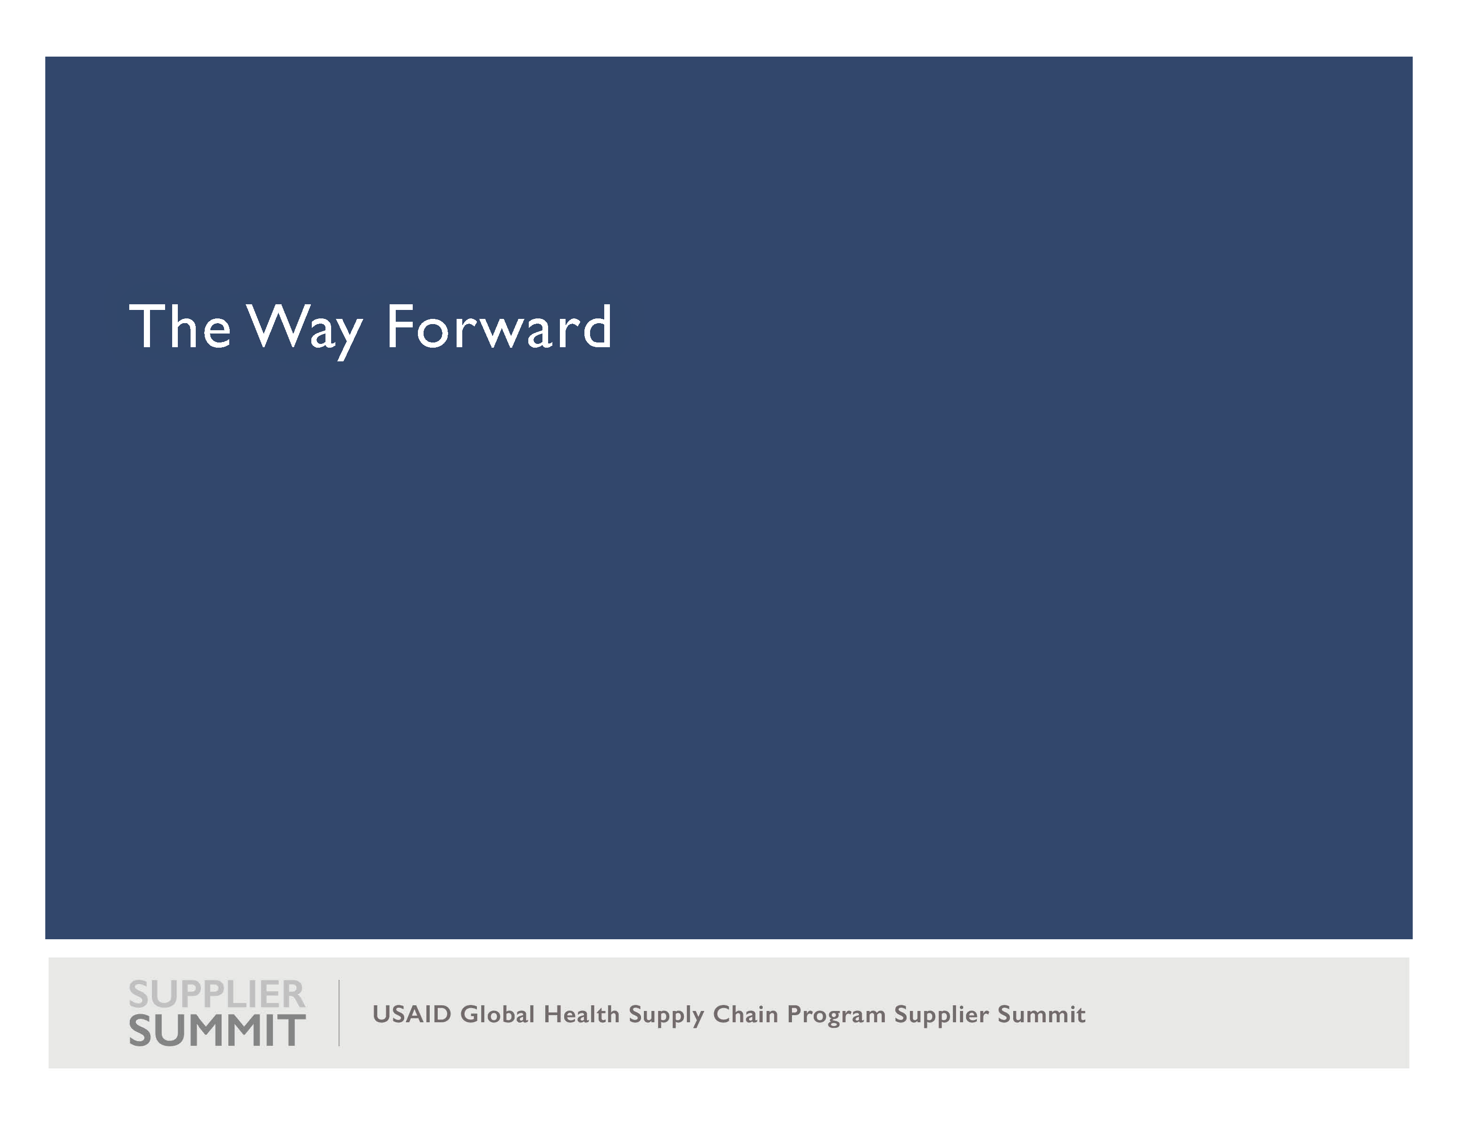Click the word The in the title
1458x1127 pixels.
(180, 326)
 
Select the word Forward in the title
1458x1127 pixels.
(499, 326)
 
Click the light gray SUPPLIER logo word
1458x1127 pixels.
(217, 995)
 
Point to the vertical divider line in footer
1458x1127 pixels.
(339, 1013)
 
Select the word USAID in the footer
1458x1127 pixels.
(411, 1014)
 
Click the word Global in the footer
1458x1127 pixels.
(497, 1014)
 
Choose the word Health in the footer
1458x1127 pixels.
(582, 1014)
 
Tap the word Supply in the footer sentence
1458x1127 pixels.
(666, 1016)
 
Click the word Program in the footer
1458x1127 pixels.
(836, 1016)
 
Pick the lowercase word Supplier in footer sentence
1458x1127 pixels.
(941, 1016)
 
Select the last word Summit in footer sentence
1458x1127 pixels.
(1041, 1014)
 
